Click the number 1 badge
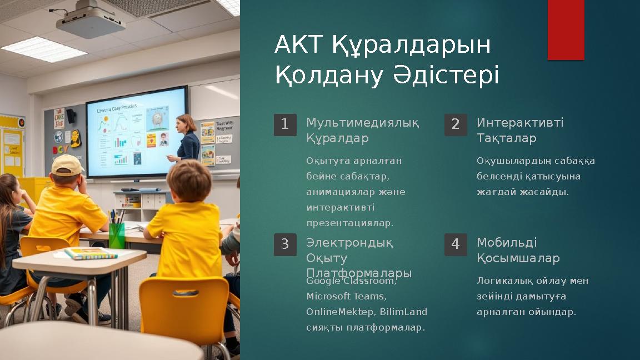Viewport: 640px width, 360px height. coord(285,124)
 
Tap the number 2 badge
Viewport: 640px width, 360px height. coord(456,124)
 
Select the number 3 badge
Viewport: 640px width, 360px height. coord(285,244)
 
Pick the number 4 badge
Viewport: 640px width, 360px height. coord(456,244)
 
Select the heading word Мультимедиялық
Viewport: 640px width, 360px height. coord(362,123)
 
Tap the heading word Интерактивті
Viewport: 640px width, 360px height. coord(520,123)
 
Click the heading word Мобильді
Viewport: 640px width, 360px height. coord(507,243)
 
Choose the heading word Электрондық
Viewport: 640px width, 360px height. coord(349,243)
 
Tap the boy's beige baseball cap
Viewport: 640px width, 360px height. coord(67,164)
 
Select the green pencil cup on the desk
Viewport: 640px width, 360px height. coord(117,235)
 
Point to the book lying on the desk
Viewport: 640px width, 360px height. coord(91,254)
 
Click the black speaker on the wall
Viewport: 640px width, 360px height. coord(71,116)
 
